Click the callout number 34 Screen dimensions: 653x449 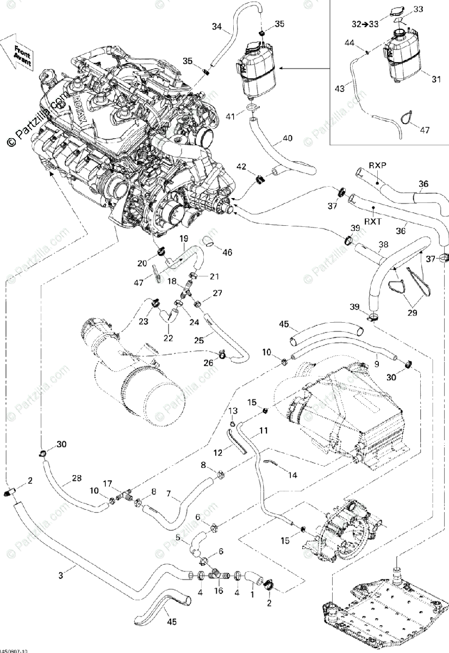pos(216,26)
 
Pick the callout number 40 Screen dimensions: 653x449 pos(287,138)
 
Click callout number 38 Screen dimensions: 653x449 pos(383,245)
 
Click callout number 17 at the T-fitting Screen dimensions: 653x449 pos(108,483)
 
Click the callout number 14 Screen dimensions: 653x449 pos(292,475)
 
